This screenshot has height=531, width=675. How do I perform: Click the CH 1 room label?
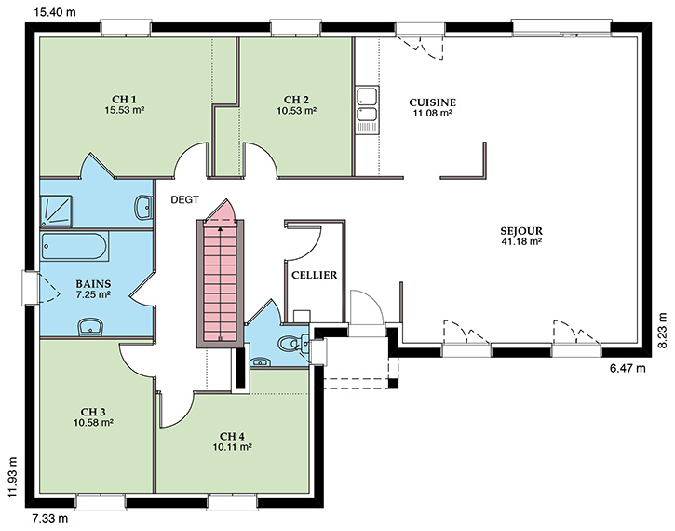125,100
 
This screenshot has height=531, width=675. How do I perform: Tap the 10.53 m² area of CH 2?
297,110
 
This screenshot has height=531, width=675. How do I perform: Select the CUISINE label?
432,102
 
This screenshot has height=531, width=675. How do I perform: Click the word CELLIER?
315,275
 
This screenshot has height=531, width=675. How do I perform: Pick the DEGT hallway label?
184,199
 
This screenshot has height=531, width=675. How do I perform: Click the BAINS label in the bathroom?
93,284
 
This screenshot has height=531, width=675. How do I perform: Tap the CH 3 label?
93,412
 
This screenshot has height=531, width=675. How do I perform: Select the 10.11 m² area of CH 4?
233,446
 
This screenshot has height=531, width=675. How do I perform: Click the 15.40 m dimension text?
55,12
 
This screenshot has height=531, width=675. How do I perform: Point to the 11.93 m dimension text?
14,477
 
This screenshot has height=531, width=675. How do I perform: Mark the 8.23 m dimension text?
663,331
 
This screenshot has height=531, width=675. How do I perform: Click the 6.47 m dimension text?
628,368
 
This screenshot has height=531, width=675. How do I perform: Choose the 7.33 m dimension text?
50,518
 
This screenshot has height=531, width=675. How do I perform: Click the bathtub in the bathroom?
74,246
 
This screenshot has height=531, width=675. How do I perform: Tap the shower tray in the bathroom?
56,211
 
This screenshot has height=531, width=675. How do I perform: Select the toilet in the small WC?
290,344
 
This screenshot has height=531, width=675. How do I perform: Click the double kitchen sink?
367,109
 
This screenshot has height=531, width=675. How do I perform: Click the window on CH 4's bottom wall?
233,502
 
